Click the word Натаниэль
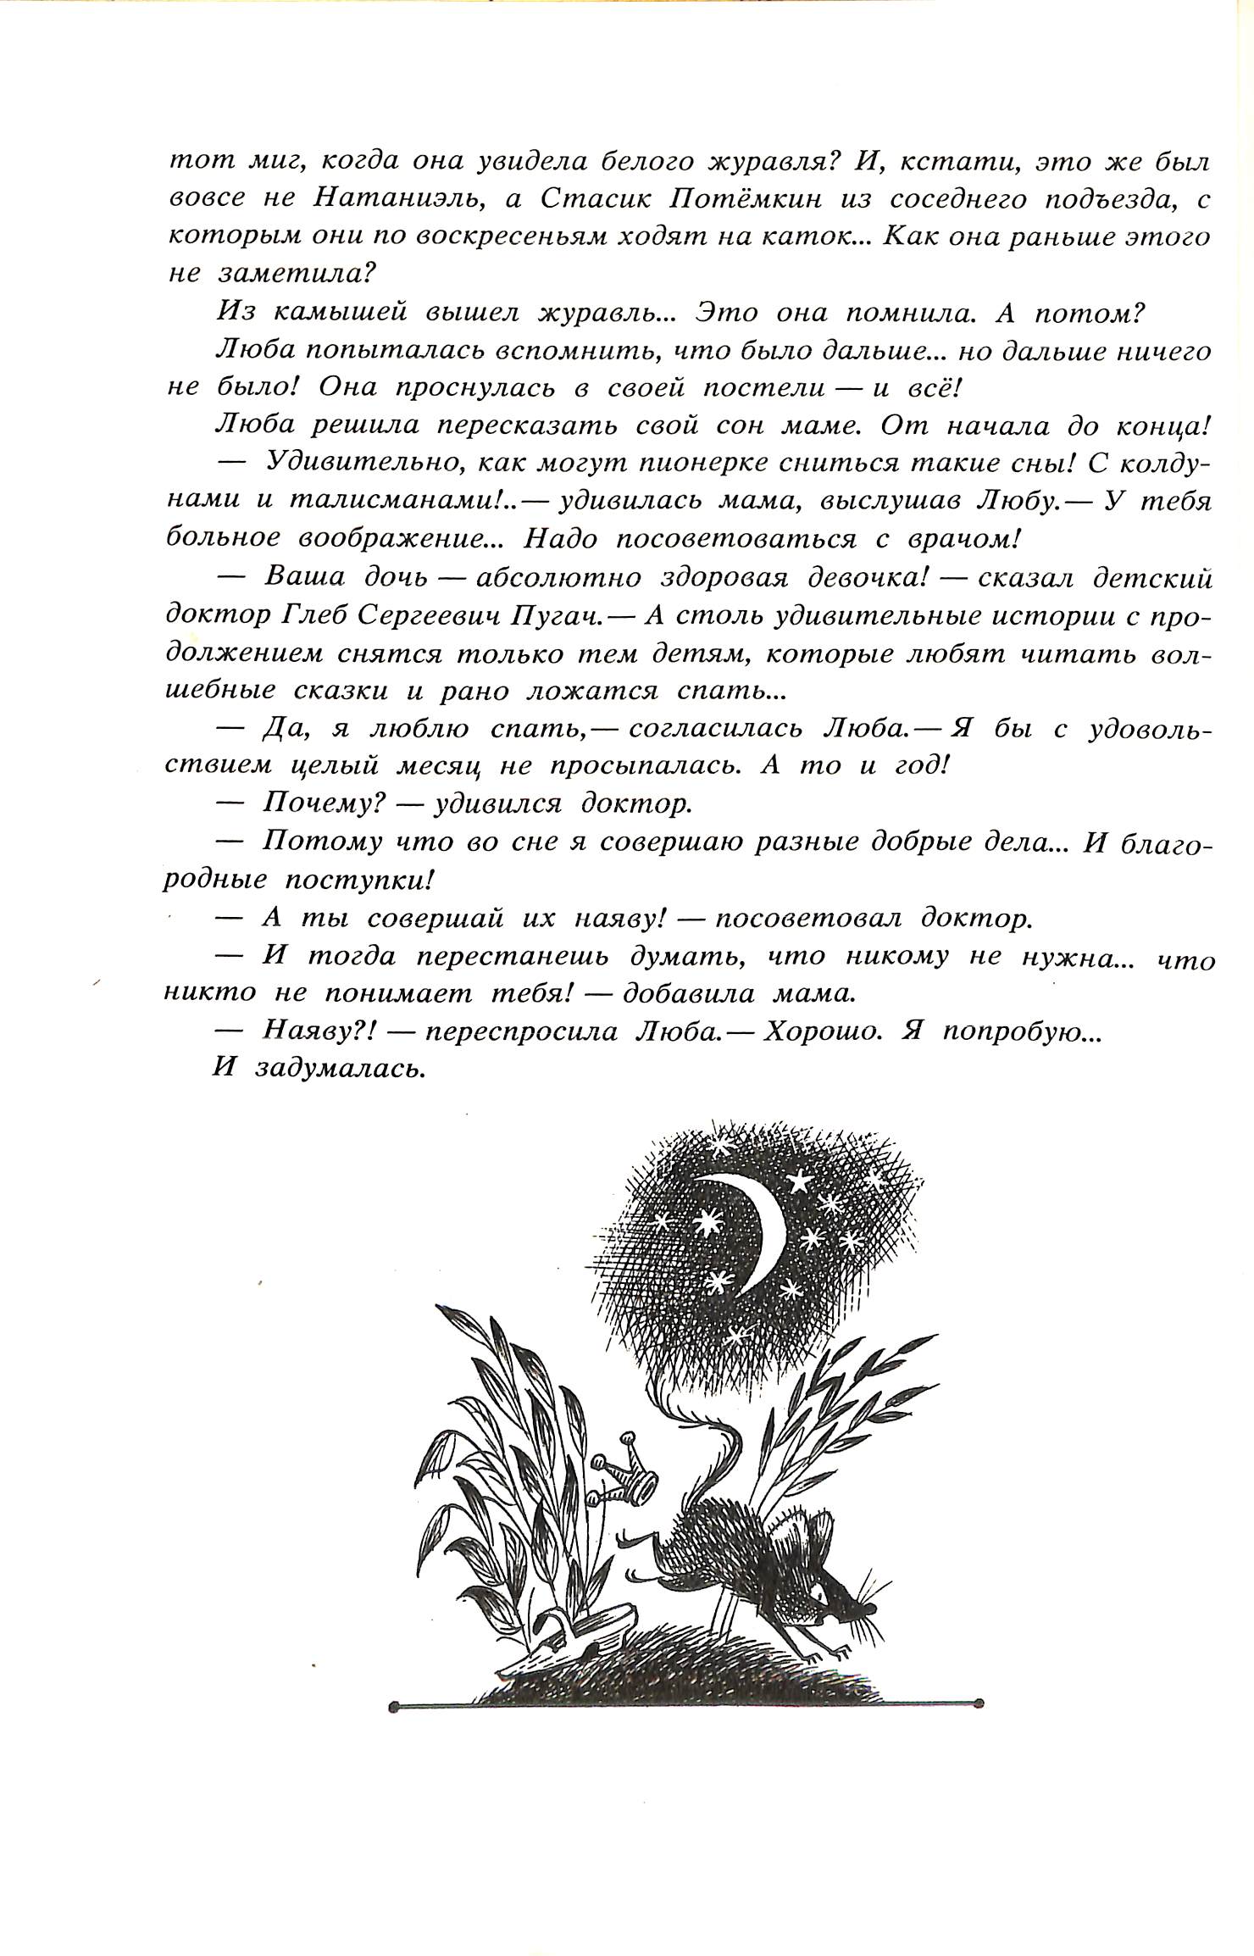391,200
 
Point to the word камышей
342,313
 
